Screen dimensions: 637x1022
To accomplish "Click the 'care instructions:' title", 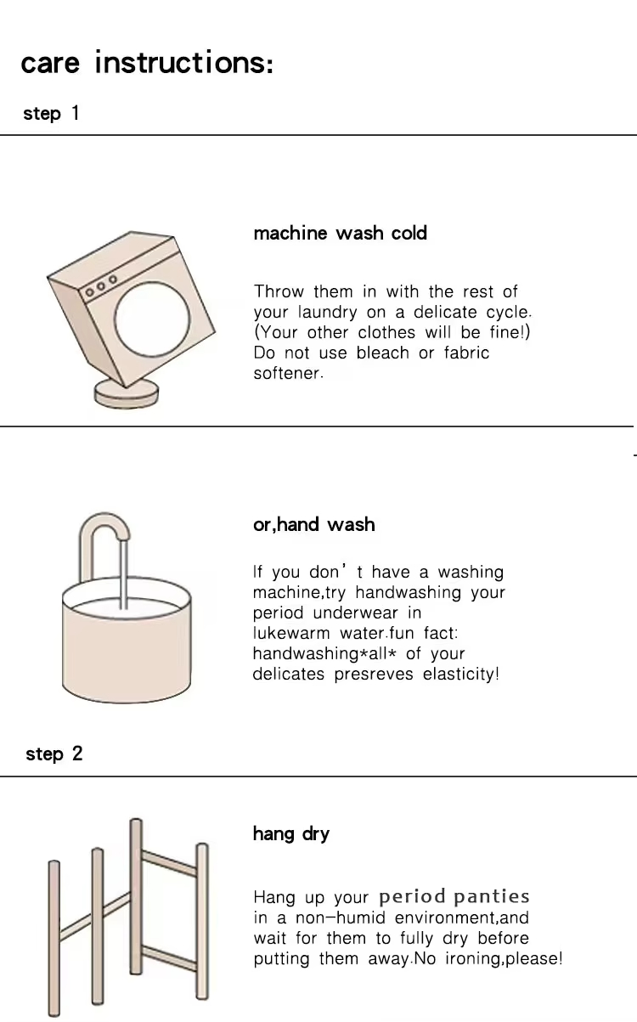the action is point(147,62).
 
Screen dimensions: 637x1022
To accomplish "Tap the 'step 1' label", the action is point(51,113).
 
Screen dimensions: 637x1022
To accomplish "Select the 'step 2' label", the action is point(54,754).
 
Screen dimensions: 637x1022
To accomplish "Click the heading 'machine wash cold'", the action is point(341,233).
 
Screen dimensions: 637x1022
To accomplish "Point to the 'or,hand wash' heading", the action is point(314,525).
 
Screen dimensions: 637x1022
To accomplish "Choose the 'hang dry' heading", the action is point(291,834).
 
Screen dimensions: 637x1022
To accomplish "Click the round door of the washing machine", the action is point(152,319).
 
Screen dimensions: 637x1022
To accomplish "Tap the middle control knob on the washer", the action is point(101,286).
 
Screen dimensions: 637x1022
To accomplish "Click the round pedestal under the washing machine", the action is point(127,395).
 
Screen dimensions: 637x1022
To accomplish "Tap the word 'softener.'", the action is point(288,373).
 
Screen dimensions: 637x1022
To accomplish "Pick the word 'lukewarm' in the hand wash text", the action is point(291,633).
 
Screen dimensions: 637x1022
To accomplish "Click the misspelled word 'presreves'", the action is point(374,675).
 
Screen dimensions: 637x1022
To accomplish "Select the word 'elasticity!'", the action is point(461,675).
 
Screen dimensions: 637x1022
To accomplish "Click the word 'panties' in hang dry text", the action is point(492,897).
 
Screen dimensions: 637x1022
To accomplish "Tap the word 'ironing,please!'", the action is point(504,958).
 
